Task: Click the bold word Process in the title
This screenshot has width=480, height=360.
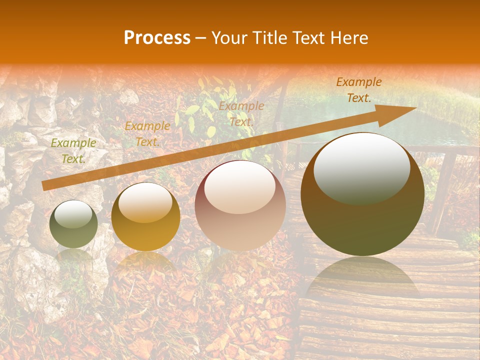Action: pyautogui.click(x=157, y=38)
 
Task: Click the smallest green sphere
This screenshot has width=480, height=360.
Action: pyautogui.click(x=73, y=224)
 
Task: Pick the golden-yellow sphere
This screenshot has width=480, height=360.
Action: pyautogui.click(x=145, y=217)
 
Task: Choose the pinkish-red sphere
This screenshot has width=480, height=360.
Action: pyautogui.click(x=240, y=205)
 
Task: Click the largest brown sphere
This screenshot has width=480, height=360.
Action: pyautogui.click(x=362, y=194)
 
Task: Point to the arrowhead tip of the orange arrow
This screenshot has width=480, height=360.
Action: pyautogui.click(x=415, y=108)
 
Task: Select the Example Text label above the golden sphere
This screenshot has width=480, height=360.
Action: pyautogui.click(x=147, y=134)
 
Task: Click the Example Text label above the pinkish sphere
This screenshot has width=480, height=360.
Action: pyautogui.click(x=241, y=113)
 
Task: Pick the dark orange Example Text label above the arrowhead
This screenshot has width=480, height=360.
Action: pyautogui.click(x=358, y=90)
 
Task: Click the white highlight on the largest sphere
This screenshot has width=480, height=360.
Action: pyautogui.click(x=361, y=168)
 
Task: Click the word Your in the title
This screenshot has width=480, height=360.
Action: pyautogui.click(x=228, y=38)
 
